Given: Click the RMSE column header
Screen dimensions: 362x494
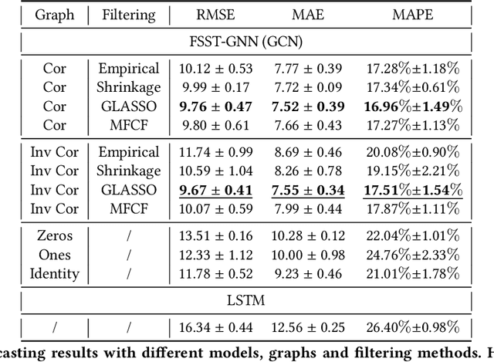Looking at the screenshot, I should coord(216,15).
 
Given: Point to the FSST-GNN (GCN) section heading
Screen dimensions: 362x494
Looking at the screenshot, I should coord(246,40).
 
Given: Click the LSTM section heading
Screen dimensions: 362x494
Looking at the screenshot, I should coord(246,299).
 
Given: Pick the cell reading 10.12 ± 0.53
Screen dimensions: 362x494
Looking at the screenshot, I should coord(216,69).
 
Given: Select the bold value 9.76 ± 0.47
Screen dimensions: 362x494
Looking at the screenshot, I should coord(216,106).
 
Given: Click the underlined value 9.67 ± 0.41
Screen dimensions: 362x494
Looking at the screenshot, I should coord(216,190).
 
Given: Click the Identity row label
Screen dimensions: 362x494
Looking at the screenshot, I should coord(54,273).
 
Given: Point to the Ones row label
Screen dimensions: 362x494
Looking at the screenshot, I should coord(54,255).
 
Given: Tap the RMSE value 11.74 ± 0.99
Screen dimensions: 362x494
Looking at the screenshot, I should coord(216,153).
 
